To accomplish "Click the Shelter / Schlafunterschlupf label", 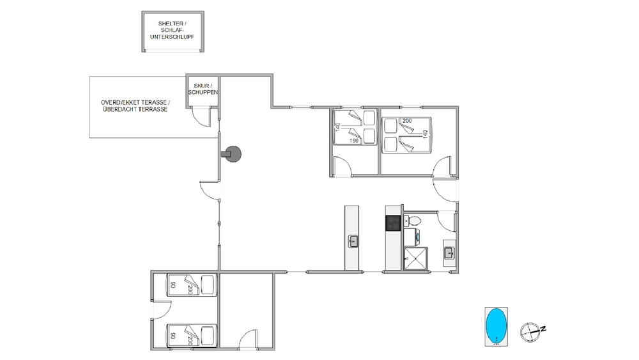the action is tap(172, 30).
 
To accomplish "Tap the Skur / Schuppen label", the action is tap(203, 89).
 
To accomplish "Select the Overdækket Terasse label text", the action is tap(135, 102).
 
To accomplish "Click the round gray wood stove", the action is tap(233, 154).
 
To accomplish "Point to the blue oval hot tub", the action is tap(496, 325).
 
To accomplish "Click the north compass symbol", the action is tap(532, 331).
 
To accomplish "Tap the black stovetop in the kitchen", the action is tap(393, 223).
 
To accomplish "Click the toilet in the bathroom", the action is tap(412, 221).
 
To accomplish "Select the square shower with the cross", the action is tap(415, 258).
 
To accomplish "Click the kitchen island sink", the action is tap(353, 241).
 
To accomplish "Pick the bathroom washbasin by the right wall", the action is tap(449, 253).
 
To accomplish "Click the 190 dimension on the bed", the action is tap(354, 141).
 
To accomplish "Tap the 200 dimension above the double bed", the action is tap(406, 121).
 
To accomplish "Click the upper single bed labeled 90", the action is tap(192, 284).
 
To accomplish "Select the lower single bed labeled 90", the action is tap(192, 336).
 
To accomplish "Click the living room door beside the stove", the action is tap(209, 191).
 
